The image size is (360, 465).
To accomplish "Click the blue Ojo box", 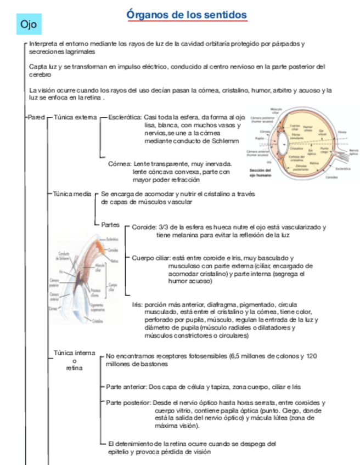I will coord(28,25).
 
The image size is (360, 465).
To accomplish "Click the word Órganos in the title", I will coord(147,15).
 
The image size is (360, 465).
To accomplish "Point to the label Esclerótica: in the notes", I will coord(125,117).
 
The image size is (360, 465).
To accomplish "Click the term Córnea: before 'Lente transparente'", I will coord(120,163).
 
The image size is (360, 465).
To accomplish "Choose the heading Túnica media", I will coord(72,194).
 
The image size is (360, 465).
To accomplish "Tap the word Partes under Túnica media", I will coord(110,225).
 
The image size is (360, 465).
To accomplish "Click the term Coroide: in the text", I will coord(144,227).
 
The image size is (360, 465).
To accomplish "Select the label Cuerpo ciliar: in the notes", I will coord(151,258).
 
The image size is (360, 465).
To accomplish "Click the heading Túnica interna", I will coord(74,353).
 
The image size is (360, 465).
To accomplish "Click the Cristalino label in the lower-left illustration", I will coord(98,321).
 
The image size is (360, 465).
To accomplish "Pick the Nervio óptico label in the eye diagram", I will coord(353,151).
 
